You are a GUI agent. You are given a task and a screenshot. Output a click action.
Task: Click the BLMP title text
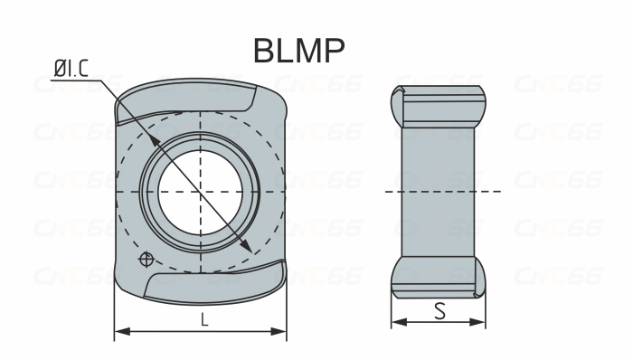[x=298, y=51]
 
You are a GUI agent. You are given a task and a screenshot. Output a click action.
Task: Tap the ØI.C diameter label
[x=71, y=68]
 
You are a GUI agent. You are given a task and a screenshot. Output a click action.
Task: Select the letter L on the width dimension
[x=204, y=318]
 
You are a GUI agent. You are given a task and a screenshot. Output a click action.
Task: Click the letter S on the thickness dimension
[x=439, y=310]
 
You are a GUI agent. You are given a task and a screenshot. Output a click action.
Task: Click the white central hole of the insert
[x=200, y=191]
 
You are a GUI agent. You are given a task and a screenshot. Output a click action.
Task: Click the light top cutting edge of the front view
[x=194, y=90]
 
